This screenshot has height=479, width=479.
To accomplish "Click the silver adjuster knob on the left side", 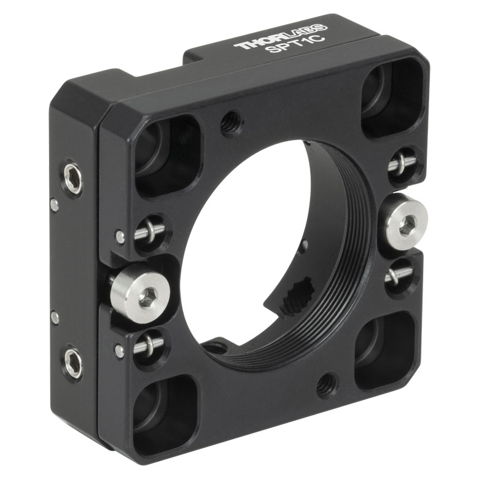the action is (x=140, y=294).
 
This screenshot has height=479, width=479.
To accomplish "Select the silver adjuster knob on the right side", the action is (x=403, y=221).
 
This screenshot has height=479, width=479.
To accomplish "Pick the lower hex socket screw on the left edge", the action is (x=73, y=364).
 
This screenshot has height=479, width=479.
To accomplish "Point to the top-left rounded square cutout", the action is (x=168, y=155).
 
